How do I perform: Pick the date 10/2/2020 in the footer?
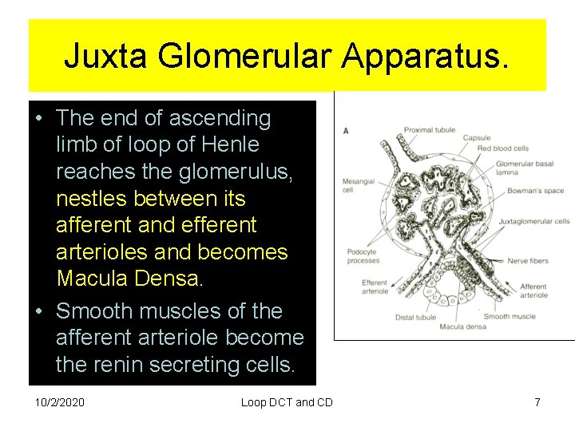(x=60, y=402)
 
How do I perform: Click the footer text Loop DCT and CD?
(x=287, y=402)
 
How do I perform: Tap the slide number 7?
(x=537, y=402)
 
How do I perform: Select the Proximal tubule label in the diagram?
(x=430, y=130)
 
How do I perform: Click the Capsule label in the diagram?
(x=477, y=138)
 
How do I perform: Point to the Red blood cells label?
(x=503, y=148)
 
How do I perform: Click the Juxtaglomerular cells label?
(x=534, y=221)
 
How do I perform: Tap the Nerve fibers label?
(x=528, y=260)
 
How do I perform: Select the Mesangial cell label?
(x=359, y=185)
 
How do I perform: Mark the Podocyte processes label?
(x=362, y=257)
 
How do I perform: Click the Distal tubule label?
(x=415, y=317)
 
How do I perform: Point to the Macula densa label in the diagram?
(x=462, y=326)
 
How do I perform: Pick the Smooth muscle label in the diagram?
(x=509, y=316)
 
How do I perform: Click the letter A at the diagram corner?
(x=345, y=130)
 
